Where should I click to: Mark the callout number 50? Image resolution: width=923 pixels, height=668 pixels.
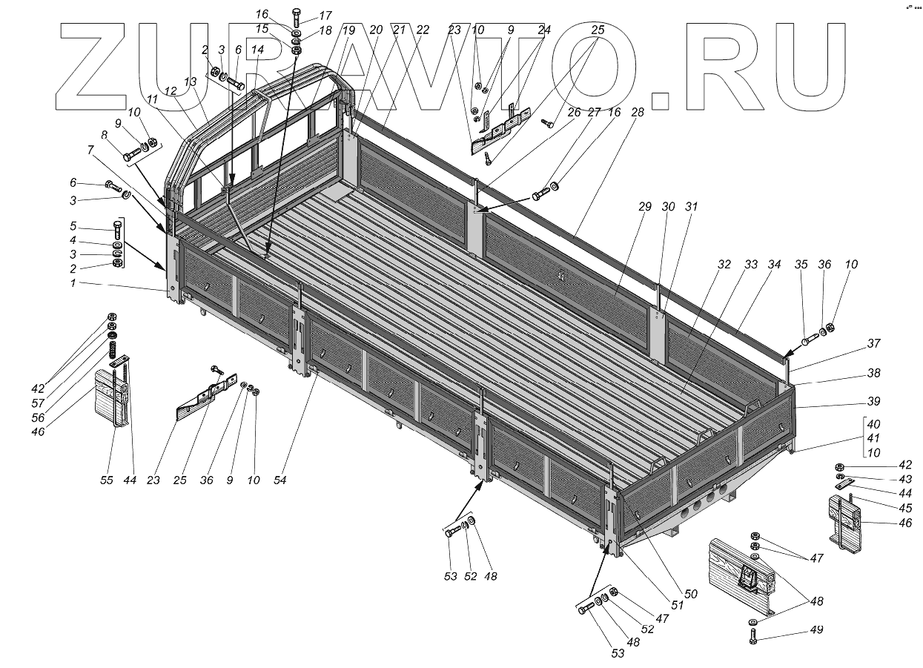click(690, 594)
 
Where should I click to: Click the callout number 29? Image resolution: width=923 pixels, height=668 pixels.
click(644, 207)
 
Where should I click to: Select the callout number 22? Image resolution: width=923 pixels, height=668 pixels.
click(423, 30)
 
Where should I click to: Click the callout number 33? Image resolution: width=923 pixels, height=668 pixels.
click(751, 265)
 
